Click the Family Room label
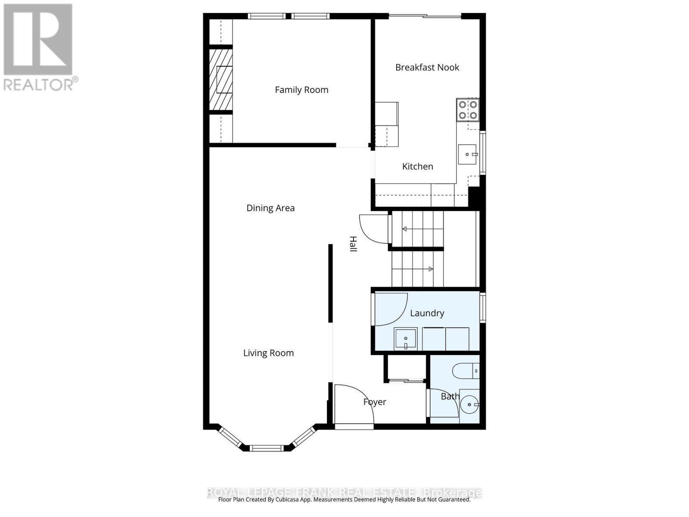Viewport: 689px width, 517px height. click(x=301, y=90)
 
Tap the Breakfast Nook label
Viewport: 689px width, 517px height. click(x=427, y=67)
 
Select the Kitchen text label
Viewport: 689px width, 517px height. click(x=417, y=166)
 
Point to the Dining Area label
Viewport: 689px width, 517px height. click(x=270, y=208)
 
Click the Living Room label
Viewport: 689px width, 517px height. click(x=268, y=353)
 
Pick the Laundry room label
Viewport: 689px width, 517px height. click(x=427, y=313)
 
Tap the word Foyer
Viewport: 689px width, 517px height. click(x=375, y=402)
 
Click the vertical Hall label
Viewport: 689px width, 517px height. click(x=353, y=244)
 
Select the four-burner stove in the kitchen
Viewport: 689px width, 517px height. click(x=468, y=109)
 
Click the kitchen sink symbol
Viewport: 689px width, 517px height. click(x=467, y=154)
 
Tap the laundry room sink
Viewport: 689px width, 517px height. click(x=406, y=339)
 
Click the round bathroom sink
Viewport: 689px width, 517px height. click(x=469, y=405)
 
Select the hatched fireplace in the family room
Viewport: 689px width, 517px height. click(x=221, y=80)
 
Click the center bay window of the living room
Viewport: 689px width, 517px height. click(x=267, y=448)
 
